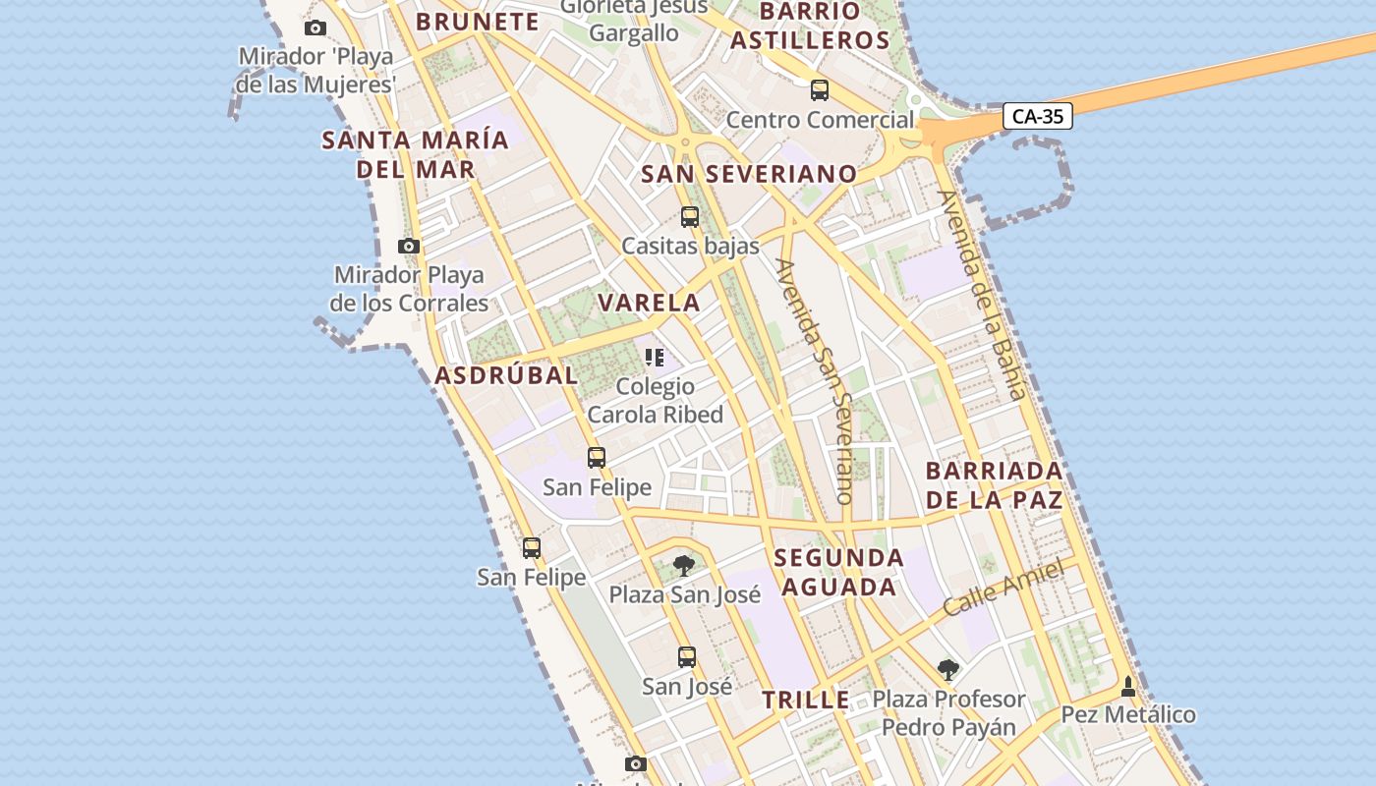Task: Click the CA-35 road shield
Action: (x=1038, y=117)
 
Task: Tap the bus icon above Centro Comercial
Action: (x=819, y=90)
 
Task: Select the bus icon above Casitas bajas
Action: (x=690, y=217)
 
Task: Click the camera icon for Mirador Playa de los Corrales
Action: (x=409, y=246)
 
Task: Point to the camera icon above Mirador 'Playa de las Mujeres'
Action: (x=315, y=28)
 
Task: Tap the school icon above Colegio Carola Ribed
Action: (x=655, y=358)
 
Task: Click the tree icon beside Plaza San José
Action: (x=684, y=566)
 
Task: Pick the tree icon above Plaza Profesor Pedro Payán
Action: (x=948, y=670)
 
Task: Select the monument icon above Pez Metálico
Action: (x=1128, y=685)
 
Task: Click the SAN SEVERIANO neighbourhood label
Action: (x=749, y=175)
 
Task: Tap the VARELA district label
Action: (x=650, y=303)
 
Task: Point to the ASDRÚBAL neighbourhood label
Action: (x=506, y=375)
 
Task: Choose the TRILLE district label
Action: (x=806, y=701)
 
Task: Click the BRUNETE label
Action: (x=478, y=22)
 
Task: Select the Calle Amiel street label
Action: (x=1003, y=587)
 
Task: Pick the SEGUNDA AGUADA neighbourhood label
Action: (x=837, y=573)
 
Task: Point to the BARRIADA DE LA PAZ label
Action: (x=994, y=485)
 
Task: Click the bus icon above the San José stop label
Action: (x=687, y=656)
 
